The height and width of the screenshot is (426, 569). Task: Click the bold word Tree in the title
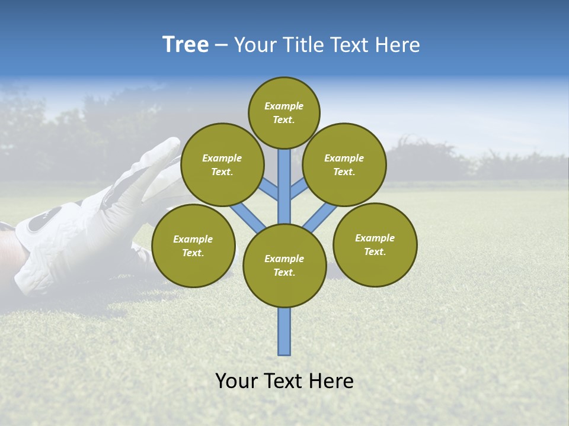(x=186, y=45)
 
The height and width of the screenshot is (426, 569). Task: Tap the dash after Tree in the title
(x=220, y=46)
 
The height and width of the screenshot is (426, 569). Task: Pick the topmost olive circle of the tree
(x=284, y=112)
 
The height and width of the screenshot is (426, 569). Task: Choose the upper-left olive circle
(x=222, y=164)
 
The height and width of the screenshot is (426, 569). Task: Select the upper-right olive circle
(x=344, y=164)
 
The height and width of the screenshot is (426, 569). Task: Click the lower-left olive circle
(x=193, y=246)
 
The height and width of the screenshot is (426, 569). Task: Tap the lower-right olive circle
(x=375, y=244)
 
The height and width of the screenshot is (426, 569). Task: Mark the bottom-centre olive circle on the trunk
(x=284, y=266)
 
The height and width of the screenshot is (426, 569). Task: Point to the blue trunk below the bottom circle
(x=284, y=331)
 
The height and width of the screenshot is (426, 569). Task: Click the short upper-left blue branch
(x=269, y=189)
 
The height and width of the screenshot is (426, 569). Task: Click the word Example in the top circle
(x=284, y=106)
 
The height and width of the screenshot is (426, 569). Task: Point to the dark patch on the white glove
(x=43, y=220)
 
